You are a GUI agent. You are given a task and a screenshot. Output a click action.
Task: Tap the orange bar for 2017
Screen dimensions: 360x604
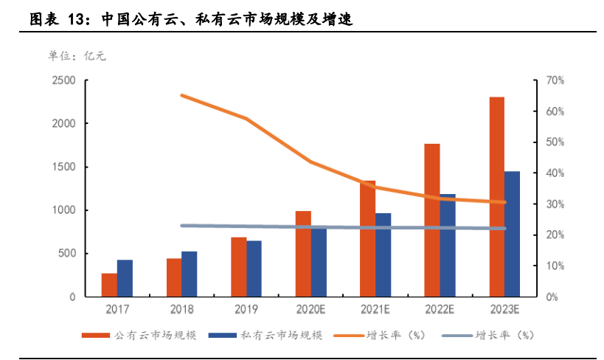click(x=109, y=285)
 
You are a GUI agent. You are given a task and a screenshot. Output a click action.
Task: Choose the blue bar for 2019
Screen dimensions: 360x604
click(x=254, y=269)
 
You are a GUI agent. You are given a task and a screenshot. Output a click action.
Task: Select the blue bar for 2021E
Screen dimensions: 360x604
click(x=383, y=255)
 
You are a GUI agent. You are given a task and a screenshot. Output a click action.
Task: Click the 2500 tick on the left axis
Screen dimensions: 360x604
click(x=63, y=80)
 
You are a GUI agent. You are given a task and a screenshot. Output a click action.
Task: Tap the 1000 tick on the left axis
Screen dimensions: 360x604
click(x=63, y=210)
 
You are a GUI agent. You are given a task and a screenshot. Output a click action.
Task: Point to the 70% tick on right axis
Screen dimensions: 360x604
click(x=555, y=80)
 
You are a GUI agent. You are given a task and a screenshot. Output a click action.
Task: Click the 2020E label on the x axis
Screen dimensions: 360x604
click(x=310, y=310)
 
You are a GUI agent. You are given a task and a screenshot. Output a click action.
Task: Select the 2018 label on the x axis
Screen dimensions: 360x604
click(x=181, y=310)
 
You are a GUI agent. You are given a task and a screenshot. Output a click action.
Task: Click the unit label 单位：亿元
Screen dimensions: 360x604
click(x=77, y=55)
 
